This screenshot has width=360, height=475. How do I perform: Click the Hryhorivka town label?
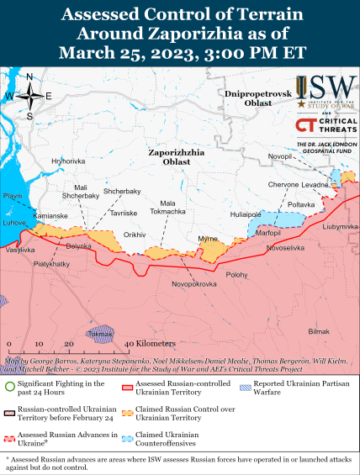click(x=68, y=161)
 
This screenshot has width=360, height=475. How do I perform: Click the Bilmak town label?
click(x=319, y=332)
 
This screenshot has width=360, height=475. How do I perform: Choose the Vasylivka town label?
click(x=20, y=251)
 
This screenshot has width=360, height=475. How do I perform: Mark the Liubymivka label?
click(x=340, y=226)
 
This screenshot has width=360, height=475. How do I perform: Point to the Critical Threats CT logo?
click(x=304, y=126)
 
